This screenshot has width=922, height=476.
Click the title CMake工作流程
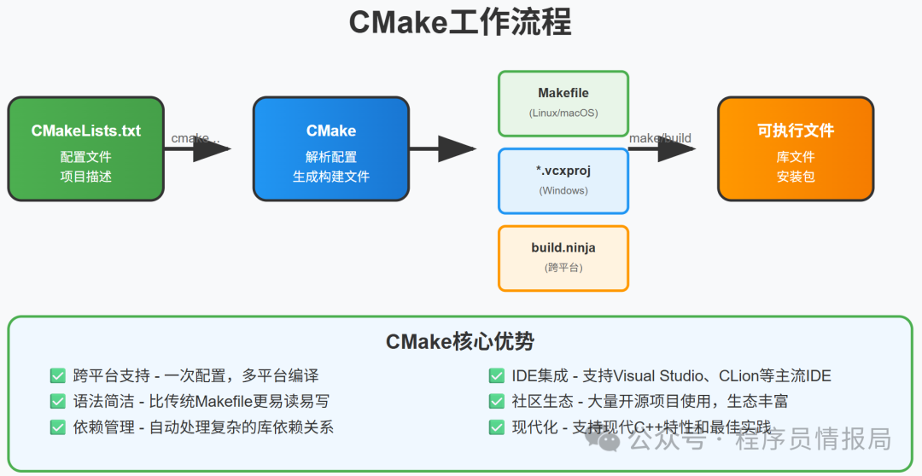tap(460, 22)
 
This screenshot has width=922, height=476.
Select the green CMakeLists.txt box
tap(85, 148)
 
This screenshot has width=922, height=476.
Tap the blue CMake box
tap(331, 148)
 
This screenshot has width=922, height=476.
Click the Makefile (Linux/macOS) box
tap(563, 103)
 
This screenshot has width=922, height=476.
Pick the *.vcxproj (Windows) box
tap(563, 180)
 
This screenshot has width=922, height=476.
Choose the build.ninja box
tap(563, 258)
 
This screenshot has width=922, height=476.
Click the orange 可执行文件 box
tap(796, 148)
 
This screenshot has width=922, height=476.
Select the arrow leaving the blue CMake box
tap(443, 149)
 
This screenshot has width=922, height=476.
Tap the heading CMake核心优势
tap(460, 342)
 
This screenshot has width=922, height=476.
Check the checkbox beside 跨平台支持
tap(58, 375)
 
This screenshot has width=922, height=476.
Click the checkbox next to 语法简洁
tap(58, 401)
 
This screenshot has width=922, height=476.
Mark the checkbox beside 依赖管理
tap(58, 427)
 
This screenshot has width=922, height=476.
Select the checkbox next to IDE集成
tap(496, 375)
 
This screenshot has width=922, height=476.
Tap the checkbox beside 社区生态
tap(496, 401)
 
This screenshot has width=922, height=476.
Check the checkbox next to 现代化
tap(496, 427)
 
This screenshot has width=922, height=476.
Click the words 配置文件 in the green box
tap(85, 157)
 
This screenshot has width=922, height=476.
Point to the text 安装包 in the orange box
tap(796, 177)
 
